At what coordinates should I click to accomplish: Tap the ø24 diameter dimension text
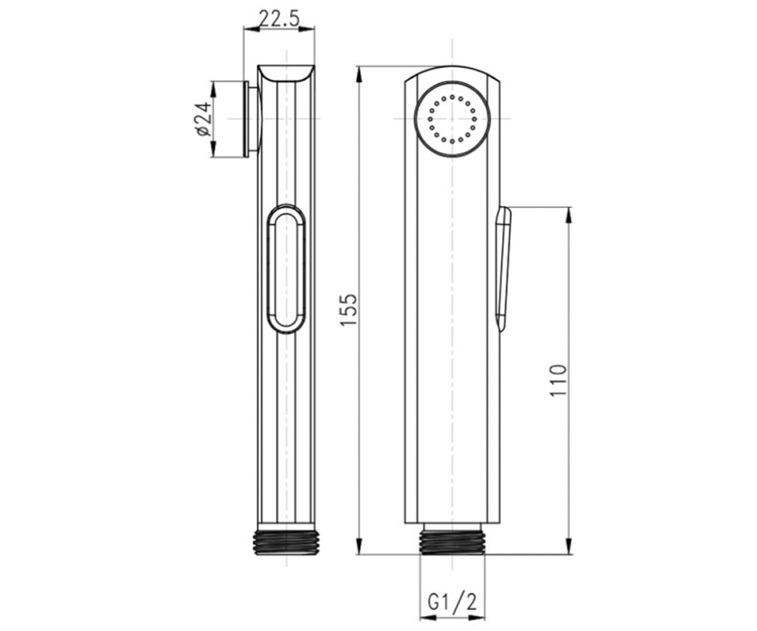[x=203, y=119]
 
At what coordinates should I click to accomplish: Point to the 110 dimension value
[x=558, y=380]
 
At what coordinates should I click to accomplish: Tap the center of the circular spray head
[x=452, y=119]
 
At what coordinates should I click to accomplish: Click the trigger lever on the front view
[x=503, y=269]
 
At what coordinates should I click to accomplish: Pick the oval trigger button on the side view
[x=286, y=269]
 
